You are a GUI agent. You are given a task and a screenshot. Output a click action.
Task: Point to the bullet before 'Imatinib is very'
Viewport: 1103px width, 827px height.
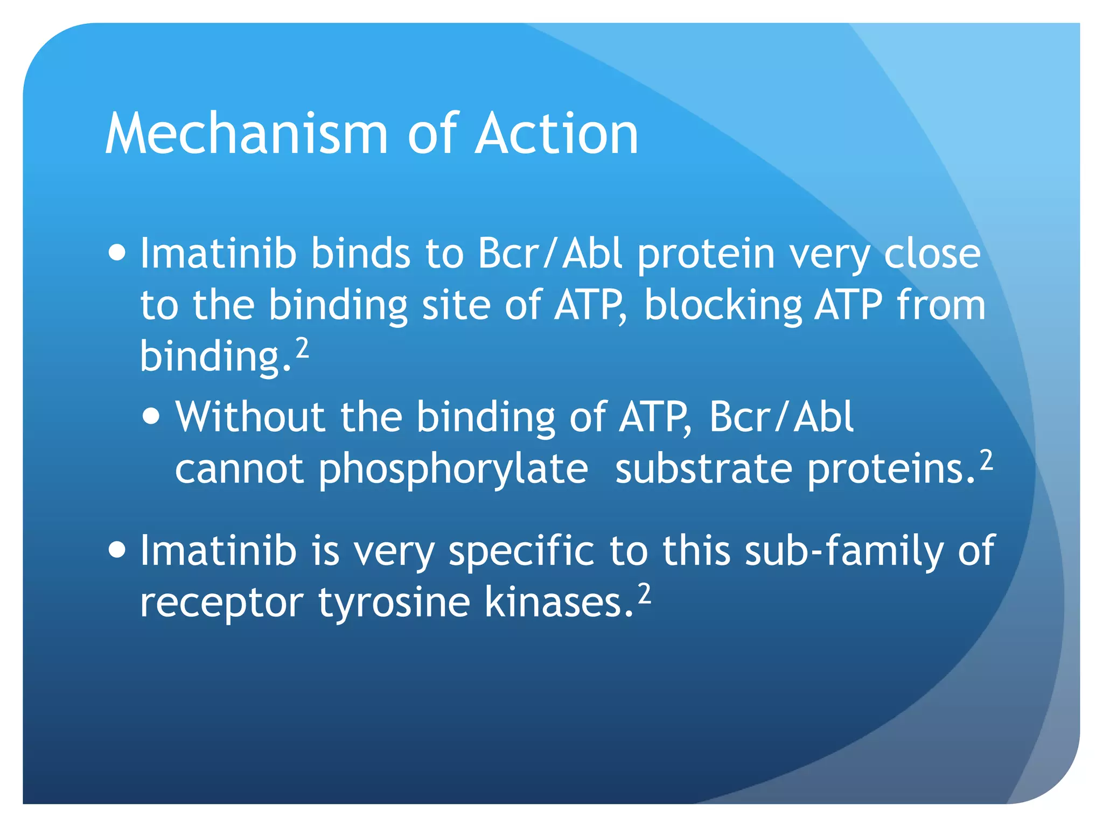click(x=117, y=550)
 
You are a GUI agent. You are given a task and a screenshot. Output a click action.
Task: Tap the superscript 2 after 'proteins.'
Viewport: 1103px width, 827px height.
click(x=986, y=460)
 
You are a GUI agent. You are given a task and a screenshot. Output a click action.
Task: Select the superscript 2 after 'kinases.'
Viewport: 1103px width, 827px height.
click(x=644, y=594)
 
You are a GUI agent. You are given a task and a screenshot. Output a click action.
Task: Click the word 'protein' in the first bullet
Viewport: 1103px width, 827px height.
click(x=706, y=254)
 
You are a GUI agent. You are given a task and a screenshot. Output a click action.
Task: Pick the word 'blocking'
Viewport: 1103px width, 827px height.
click(x=723, y=306)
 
